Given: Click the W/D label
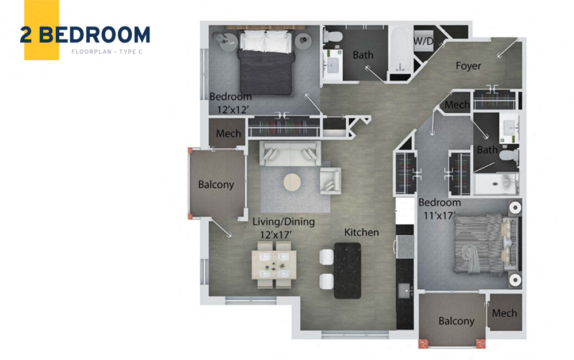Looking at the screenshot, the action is coord(423,41).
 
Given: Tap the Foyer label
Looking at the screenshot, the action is coord(468,66).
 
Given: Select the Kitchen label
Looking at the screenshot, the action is coord(361,232).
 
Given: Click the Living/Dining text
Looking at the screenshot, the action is coord(284,222).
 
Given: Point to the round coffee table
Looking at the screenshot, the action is coord(292,182).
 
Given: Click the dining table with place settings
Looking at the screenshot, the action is coord(274,264).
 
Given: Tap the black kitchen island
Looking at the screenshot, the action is coord(347,270).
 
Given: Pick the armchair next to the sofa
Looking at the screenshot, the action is coord(330,181).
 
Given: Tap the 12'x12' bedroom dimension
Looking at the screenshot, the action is coord(233,110).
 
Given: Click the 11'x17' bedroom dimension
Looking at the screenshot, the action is coord(439,216).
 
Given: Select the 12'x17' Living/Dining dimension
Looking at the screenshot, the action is coord(275,235).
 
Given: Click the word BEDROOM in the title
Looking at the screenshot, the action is coord(94,35).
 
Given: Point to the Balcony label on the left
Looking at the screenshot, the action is coord(216,185).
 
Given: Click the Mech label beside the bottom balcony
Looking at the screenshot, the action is coord(504,313).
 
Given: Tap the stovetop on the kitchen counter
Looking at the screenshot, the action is coord(405,247).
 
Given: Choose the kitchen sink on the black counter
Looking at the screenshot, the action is coord(405,291).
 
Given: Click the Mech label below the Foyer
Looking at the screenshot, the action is coord(457,105).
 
